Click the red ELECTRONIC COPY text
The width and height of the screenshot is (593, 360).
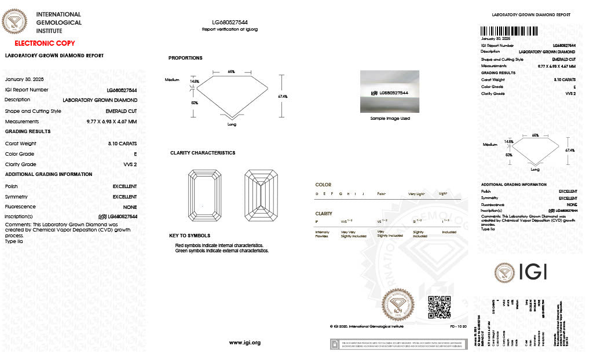pos(45,43)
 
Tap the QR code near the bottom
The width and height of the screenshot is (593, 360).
pos(439,307)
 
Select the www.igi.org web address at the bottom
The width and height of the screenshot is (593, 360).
pos(245,343)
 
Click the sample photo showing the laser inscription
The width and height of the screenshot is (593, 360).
pos(390,91)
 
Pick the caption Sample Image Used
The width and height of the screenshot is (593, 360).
pos(390,118)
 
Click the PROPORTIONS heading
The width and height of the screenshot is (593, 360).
pos(185,58)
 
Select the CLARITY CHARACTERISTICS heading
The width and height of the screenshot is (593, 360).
pos(203,153)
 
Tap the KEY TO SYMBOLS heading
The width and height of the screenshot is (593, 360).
pos(190,236)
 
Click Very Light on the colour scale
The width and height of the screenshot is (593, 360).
pos(416,193)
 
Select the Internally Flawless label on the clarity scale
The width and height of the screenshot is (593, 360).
pos(323,233)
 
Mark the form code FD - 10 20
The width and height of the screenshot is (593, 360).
pos(459,326)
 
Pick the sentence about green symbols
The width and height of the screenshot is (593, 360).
pos(222,251)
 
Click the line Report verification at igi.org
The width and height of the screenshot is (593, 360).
pos(229,29)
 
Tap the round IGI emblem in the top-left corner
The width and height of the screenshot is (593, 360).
pos(15,22)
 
